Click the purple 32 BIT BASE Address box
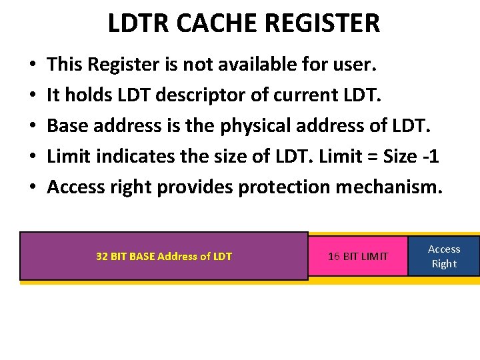[164, 256]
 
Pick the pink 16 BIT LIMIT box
[357, 256]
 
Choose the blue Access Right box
[444, 256]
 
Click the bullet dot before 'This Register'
[33, 65]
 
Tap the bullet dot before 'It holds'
[33, 96]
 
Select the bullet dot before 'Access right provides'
[33, 188]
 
